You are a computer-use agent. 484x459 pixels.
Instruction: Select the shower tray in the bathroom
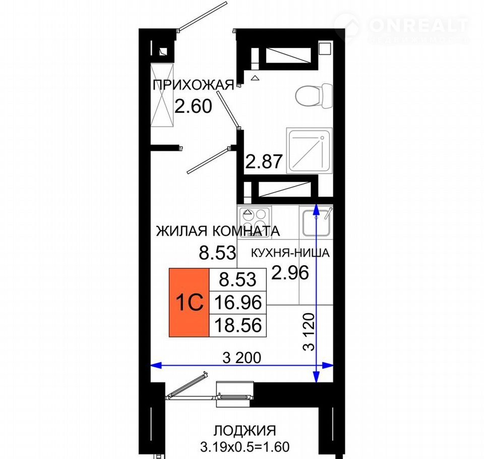pyautogui.click(x=309, y=151)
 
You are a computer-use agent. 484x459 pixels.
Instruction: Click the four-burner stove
pyautogui.click(x=254, y=219)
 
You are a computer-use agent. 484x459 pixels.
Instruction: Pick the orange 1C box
pyautogui.click(x=189, y=303)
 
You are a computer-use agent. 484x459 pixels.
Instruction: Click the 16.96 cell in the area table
pyautogui.click(x=237, y=303)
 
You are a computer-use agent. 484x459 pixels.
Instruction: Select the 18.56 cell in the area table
pyautogui.click(x=237, y=325)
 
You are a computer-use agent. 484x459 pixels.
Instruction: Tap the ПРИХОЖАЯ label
pyautogui.click(x=194, y=85)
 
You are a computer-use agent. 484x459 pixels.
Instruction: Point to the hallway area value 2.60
pyautogui.click(x=193, y=106)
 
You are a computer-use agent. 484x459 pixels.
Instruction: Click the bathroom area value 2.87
pyautogui.click(x=264, y=161)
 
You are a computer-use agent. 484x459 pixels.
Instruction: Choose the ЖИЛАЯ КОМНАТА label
pyautogui.click(x=218, y=231)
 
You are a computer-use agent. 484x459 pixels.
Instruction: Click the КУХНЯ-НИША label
pyautogui.click(x=290, y=253)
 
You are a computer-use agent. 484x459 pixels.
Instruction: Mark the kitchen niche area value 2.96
pyautogui.click(x=290, y=272)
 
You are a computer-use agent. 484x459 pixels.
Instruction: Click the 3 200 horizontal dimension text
pyautogui.click(x=241, y=358)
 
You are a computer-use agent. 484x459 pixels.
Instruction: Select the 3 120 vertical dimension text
pyautogui.click(x=309, y=332)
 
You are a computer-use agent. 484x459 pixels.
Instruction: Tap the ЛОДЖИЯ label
pyautogui.click(x=245, y=430)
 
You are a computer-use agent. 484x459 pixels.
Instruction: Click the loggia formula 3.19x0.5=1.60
pyautogui.click(x=245, y=447)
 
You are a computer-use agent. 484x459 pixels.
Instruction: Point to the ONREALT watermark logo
pyautogui.click(x=402, y=27)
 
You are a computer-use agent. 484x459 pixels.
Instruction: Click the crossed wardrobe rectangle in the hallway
pyautogui.click(x=162, y=95)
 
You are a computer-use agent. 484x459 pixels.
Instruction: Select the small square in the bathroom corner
pyautogui.click(x=325, y=48)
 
